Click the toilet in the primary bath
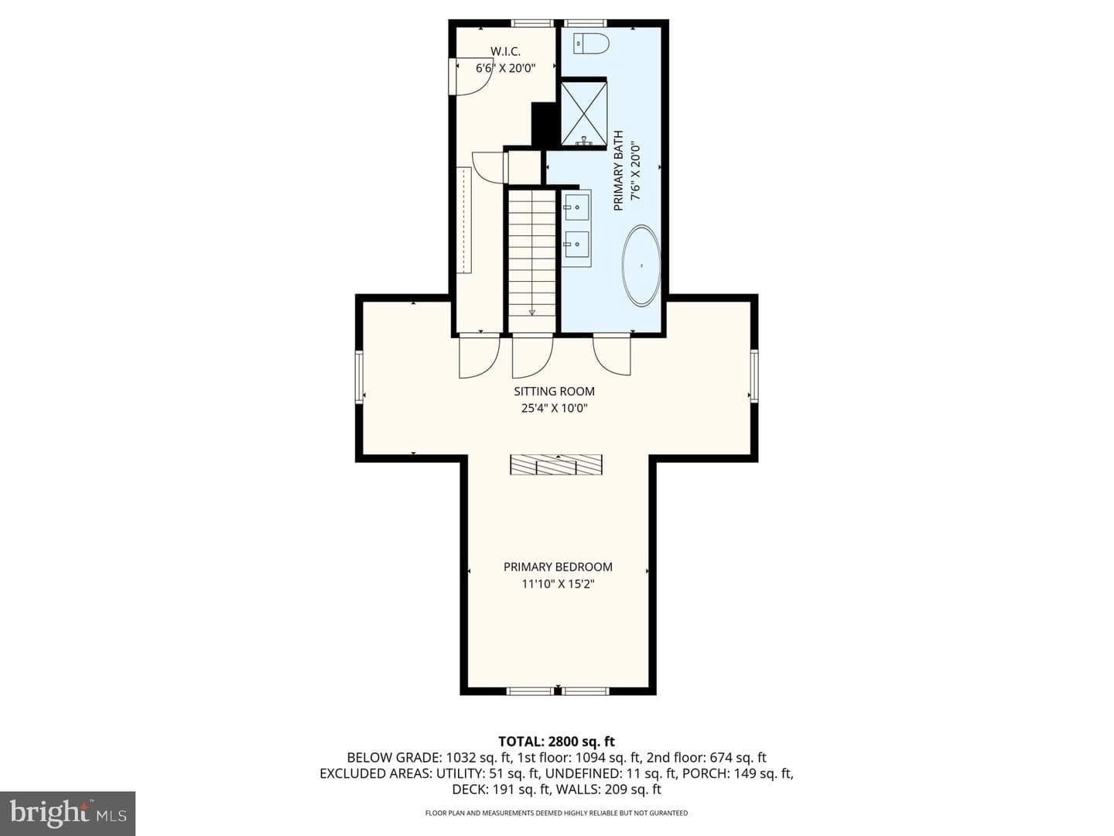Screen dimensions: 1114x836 click(x=591, y=43)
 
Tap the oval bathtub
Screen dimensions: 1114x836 click(x=641, y=266)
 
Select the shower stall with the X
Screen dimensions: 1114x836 click(x=583, y=114)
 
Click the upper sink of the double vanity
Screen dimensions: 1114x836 click(x=577, y=207)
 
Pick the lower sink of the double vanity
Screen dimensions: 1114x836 click(x=577, y=244)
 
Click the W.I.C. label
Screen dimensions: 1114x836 click(x=505, y=51)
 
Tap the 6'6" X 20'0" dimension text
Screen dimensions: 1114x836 click(x=505, y=68)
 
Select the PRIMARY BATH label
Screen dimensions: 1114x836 click(x=617, y=171)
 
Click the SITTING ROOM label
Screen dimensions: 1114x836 click(x=554, y=392)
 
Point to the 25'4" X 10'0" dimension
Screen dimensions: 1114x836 click(x=554, y=408)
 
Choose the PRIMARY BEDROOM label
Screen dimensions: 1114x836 click(x=558, y=567)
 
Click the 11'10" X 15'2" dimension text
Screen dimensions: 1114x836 click(x=558, y=584)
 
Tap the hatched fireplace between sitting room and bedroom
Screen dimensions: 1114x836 click(x=556, y=464)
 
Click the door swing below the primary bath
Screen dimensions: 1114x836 click(x=612, y=356)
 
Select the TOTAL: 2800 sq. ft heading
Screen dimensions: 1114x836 click(x=556, y=742)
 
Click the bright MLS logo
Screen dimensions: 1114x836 click(x=67, y=813)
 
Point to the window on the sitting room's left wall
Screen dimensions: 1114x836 click(x=359, y=377)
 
